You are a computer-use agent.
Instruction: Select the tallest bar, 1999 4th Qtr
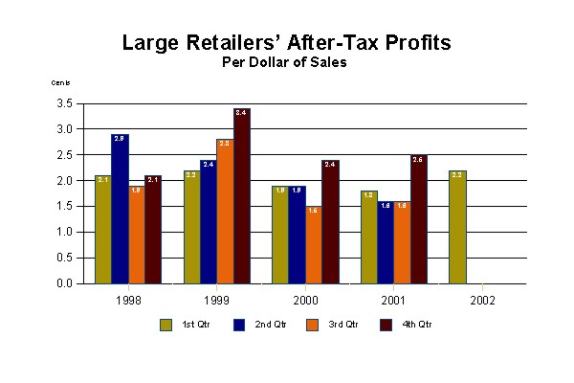[x=241, y=196]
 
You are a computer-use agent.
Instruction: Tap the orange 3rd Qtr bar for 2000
[x=313, y=245]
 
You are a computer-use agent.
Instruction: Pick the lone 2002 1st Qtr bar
[x=457, y=227]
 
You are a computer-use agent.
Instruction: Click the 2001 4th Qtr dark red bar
[x=417, y=219]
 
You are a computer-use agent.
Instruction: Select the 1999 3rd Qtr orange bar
[x=224, y=212]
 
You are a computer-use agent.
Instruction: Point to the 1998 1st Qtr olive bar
[x=102, y=230]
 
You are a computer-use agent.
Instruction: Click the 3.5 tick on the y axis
[x=65, y=102]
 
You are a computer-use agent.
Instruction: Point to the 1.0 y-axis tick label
[x=65, y=232]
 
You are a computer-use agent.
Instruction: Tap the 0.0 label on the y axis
[x=65, y=283]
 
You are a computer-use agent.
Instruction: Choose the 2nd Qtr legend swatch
[x=238, y=325]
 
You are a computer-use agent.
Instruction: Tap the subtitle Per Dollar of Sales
[x=284, y=63]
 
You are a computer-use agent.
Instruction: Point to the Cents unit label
[x=60, y=82]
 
